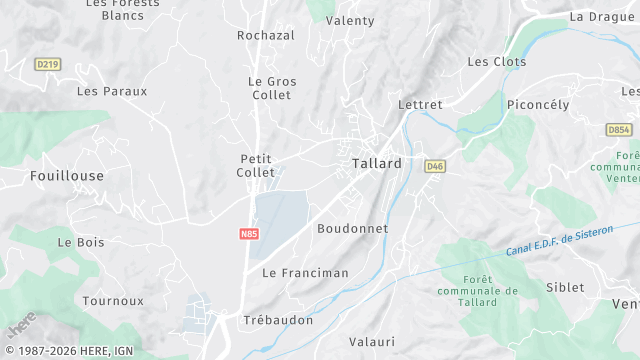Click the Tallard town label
click(x=377, y=164)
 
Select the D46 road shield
click(x=434, y=166)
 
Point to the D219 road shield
click(x=46, y=64)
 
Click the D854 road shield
click(x=619, y=130)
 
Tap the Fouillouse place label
click(x=67, y=176)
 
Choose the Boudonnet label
click(x=352, y=229)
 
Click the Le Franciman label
click(x=305, y=273)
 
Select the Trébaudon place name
click(x=278, y=321)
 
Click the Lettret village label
click(x=420, y=104)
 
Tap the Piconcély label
click(x=538, y=105)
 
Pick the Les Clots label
click(x=497, y=62)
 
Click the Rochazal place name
click(x=266, y=36)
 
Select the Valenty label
click(x=350, y=21)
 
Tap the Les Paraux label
click(x=112, y=91)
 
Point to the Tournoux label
click(x=113, y=301)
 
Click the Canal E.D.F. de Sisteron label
click(x=560, y=236)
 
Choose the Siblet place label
click(x=565, y=288)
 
